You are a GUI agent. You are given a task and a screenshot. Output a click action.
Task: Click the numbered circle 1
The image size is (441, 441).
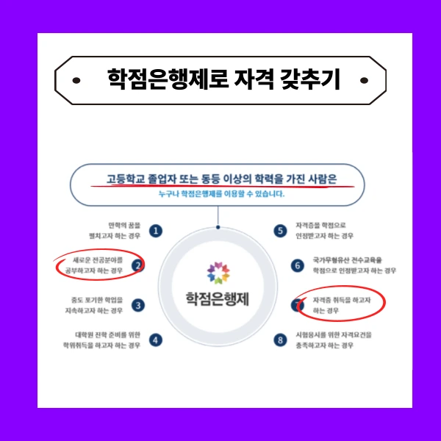(156, 231)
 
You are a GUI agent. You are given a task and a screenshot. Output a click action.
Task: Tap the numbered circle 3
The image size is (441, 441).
(138, 305)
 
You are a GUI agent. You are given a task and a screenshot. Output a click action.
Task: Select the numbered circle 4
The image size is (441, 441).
(156, 340)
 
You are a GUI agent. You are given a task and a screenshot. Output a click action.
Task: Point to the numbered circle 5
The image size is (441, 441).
(279, 231)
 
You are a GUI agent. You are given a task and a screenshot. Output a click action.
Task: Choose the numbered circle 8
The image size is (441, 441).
(279, 340)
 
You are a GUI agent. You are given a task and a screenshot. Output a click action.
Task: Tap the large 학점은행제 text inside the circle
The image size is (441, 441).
(218, 299)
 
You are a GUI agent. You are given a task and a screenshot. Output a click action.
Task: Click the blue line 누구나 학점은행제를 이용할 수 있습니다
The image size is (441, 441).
(218, 196)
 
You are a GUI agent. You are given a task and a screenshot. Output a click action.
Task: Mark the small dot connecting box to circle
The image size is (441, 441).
(218, 218)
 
